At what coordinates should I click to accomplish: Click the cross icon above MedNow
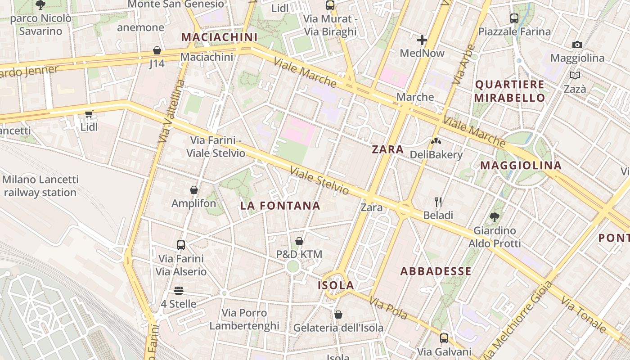(422, 40)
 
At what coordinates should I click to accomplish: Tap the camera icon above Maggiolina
(577, 45)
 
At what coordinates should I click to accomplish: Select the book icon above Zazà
(575, 75)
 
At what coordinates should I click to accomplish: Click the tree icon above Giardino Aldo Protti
(495, 217)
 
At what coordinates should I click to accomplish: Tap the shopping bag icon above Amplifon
(194, 190)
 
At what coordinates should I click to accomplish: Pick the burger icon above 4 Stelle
(179, 291)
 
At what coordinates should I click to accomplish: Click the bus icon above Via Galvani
(444, 338)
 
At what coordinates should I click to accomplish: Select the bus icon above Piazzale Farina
(514, 18)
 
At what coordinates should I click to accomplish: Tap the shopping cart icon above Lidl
(89, 114)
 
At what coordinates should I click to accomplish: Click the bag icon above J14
(157, 50)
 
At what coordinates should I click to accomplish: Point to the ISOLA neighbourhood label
(336, 286)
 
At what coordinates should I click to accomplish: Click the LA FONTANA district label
(280, 206)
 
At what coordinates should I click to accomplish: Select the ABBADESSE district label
(436, 271)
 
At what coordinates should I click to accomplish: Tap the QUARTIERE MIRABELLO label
(509, 91)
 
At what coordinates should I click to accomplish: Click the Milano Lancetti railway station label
(40, 186)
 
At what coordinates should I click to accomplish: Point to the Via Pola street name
(388, 308)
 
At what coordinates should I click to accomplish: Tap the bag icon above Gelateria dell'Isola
(338, 315)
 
